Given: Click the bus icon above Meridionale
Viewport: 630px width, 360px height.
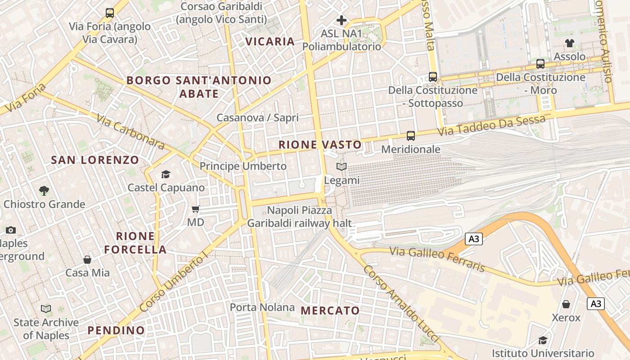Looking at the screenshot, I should coord(410,135).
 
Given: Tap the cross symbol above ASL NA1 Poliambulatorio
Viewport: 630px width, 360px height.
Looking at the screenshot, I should coord(342,20).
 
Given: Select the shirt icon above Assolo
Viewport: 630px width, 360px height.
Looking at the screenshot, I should coord(570,43).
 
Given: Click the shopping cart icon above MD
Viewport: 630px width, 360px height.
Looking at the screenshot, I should coord(196,209).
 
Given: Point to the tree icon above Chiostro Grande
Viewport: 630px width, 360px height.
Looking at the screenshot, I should coord(44,190).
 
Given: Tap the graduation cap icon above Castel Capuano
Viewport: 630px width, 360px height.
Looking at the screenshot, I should coord(166,174).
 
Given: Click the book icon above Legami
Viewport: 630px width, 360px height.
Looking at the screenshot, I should coord(342,167).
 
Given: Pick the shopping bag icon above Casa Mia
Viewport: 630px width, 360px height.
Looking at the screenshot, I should coord(87,260).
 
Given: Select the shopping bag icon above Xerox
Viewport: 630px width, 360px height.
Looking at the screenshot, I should coord(566,304).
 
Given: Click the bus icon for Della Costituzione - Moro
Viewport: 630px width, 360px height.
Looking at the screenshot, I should coord(540,64).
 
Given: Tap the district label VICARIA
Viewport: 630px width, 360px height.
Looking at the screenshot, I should coord(270,41).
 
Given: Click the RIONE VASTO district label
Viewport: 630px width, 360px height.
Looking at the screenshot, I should coord(320,144).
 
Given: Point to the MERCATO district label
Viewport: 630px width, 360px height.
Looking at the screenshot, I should coord(330,310).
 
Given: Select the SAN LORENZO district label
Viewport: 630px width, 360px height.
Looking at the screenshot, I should coord(95,160).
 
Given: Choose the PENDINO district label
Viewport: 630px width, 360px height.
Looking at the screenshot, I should coord(116,330).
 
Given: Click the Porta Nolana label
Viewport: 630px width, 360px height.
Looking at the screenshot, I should coord(262,307).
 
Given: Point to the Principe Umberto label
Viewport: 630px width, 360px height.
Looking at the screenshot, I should coord(243,166).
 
